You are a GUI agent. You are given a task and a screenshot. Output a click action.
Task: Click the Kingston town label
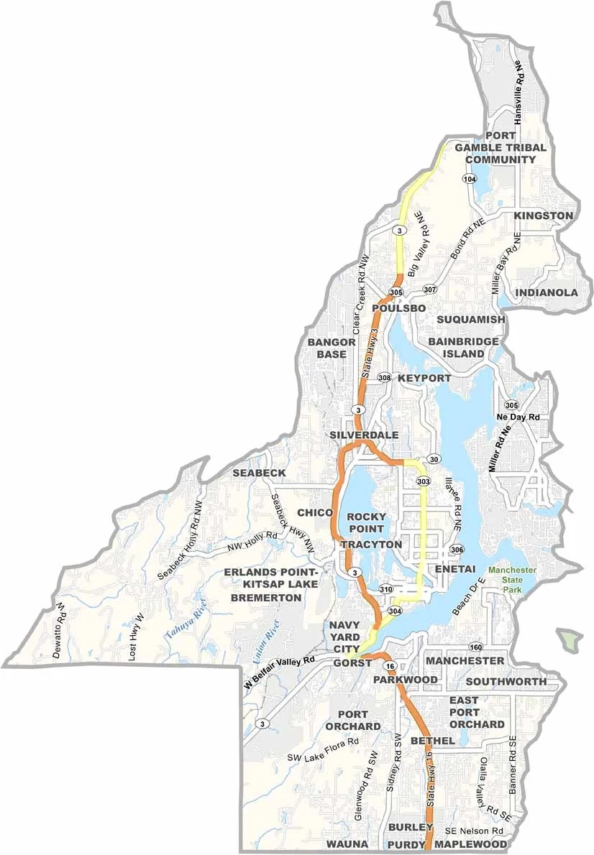pos(544,216)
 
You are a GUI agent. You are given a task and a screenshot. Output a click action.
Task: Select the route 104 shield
pos(470,179)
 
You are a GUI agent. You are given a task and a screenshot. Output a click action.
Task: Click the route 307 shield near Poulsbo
pos(430,290)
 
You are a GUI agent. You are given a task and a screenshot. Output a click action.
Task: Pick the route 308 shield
pos(385,378)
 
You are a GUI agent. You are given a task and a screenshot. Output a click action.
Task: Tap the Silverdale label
pos(365,436)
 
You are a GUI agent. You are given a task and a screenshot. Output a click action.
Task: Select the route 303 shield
pos(423,481)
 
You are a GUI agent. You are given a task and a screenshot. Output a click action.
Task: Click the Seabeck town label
pos(259,473)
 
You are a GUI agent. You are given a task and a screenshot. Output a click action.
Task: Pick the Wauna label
pos(347,844)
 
